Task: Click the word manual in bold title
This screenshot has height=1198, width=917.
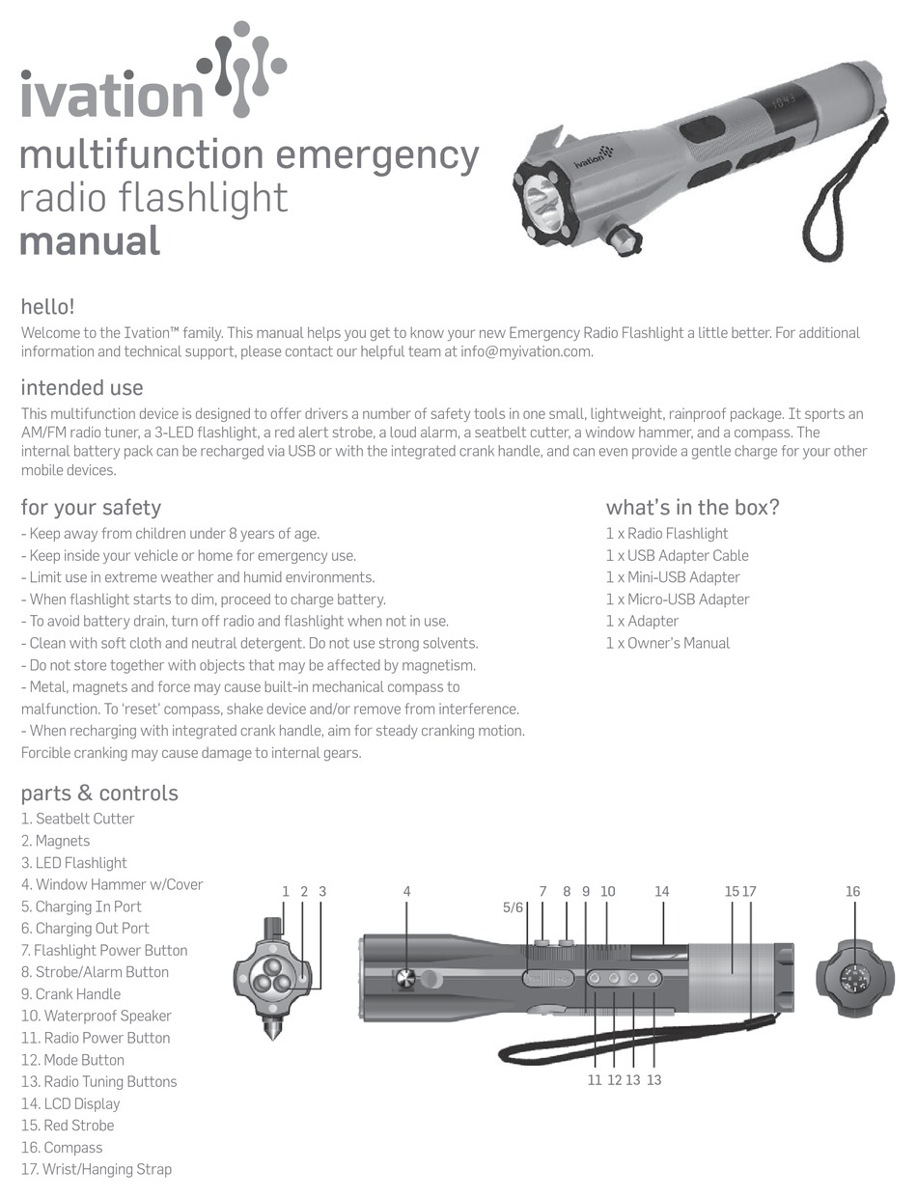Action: coord(89,239)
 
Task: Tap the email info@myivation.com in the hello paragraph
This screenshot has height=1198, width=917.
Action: coord(526,352)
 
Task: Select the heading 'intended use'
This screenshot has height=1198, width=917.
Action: coord(82,388)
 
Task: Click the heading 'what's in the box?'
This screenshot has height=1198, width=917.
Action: coord(692,508)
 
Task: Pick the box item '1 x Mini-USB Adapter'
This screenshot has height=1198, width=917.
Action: coord(673,577)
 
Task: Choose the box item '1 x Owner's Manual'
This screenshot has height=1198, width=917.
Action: coord(667,643)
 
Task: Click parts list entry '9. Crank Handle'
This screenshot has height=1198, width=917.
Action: coord(70,994)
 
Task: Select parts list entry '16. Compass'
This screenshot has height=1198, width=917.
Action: coord(62,1148)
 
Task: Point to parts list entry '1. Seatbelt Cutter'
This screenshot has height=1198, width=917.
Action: coord(77,819)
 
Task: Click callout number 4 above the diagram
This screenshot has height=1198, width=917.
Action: coord(407,892)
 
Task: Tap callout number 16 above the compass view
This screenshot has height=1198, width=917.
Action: coord(852,892)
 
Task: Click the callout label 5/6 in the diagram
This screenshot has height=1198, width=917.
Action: coord(513,907)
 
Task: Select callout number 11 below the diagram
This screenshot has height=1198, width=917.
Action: coord(595,1080)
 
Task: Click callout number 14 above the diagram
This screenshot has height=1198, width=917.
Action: coord(661,892)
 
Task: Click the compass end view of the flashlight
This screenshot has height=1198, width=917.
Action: coord(854,977)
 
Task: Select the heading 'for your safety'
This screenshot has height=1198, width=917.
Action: coord(91,508)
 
